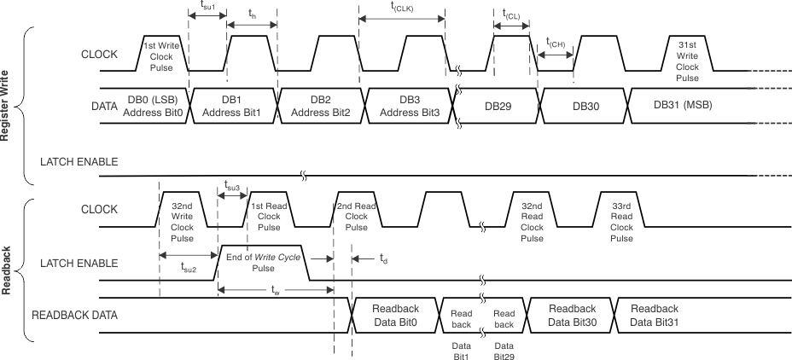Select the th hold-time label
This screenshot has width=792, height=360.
pyautogui.click(x=252, y=15)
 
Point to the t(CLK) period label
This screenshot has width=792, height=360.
pyautogui.click(x=402, y=9)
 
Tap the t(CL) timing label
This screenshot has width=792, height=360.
pyautogui.click(x=512, y=16)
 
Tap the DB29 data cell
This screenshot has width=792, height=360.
pyautogui.click(x=498, y=106)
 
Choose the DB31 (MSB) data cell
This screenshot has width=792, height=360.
pyautogui.click(x=683, y=105)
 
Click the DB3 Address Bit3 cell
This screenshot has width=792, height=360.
pyautogui.click(x=409, y=106)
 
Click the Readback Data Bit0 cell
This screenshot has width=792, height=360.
pyautogui.click(x=395, y=314)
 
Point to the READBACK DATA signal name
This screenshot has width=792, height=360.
pyautogui.click(x=74, y=315)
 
